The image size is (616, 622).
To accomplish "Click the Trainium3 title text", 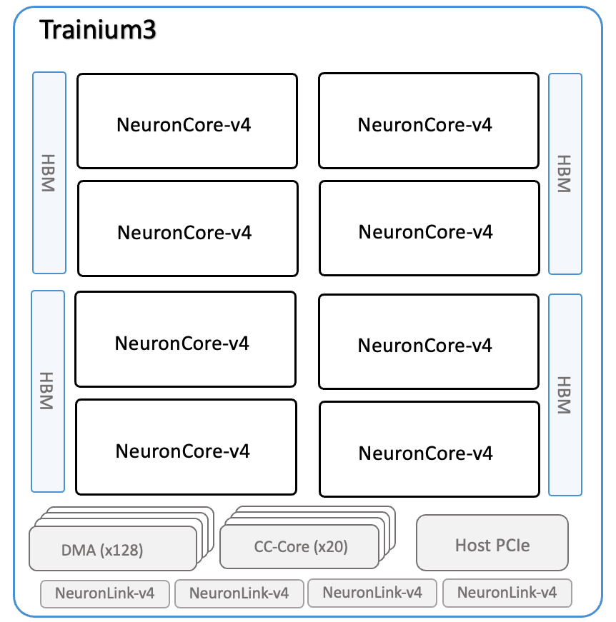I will pos(98,30).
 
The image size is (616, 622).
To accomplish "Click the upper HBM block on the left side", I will pos(49,173).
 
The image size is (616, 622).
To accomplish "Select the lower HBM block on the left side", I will pos(48,391).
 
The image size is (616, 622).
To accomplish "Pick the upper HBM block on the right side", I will pos(565,174).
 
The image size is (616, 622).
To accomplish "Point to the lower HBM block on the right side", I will pos(565,395).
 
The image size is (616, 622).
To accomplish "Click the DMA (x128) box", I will pos(112,548).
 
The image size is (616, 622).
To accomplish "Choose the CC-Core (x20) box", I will pos(300,546).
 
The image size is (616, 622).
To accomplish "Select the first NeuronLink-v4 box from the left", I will pos(105,593).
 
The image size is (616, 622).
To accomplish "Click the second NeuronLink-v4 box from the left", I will pos(239,593).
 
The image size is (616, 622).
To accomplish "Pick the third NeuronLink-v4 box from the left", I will pos(372,592).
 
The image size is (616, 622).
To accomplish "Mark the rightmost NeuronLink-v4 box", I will pos(507,592).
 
